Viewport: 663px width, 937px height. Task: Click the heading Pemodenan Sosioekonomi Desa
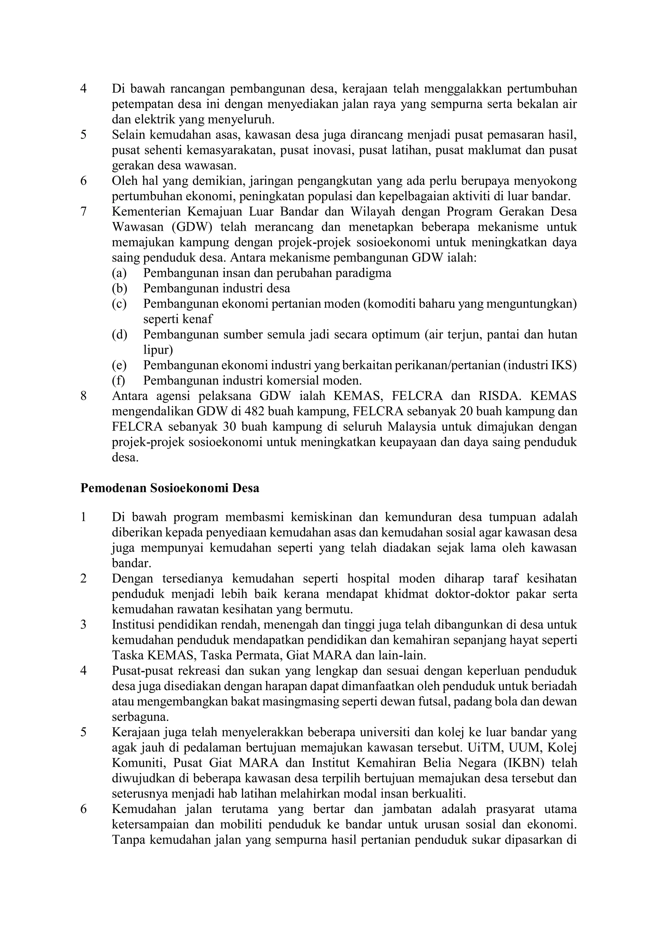(x=170, y=488)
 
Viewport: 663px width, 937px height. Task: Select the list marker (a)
(x=119, y=273)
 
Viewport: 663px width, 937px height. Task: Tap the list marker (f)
(x=118, y=381)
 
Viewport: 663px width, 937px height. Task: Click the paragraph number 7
(x=84, y=212)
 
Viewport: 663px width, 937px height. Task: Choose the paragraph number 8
(x=84, y=396)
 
